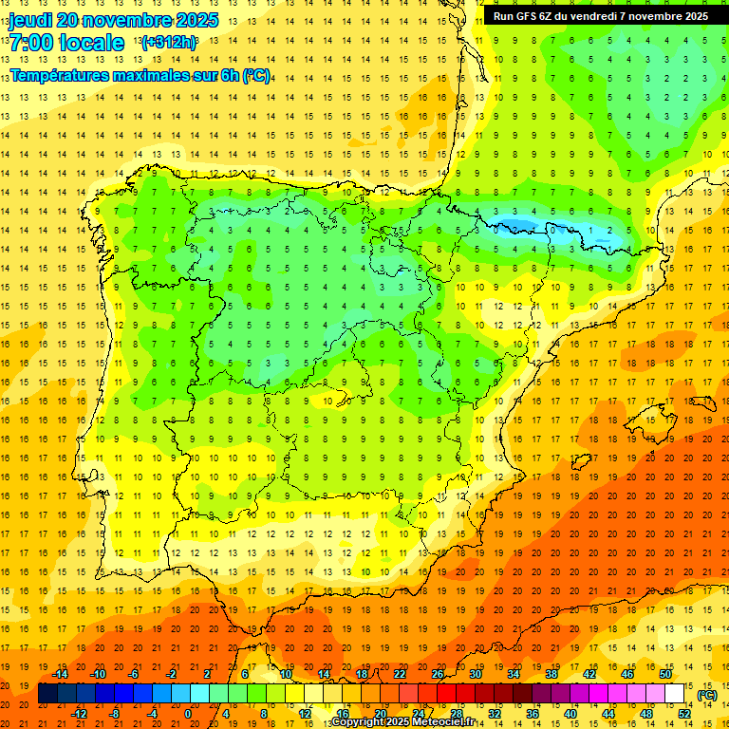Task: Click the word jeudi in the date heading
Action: tap(30, 20)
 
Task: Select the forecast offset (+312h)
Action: tap(169, 43)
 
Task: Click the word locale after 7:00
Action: tap(93, 43)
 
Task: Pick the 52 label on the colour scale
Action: tap(684, 714)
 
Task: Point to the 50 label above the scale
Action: tap(665, 674)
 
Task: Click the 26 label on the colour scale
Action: tap(438, 674)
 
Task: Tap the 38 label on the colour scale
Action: tap(551, 674)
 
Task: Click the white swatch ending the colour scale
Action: tap(675, 694)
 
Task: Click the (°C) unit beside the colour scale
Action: tap(706, 694)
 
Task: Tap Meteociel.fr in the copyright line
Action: tap(448, 722)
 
